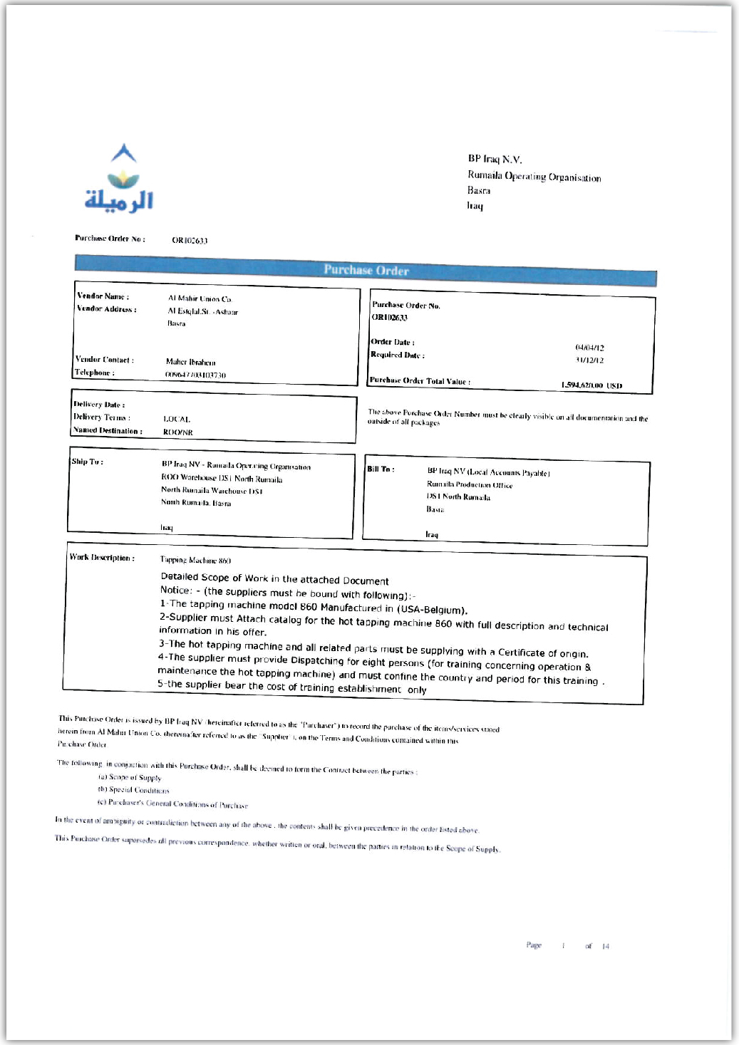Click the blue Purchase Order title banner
(x=366, y=271)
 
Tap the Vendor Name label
(x=103, y=296)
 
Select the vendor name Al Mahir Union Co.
(x=200, y=298)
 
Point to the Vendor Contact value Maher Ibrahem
(x=190, y=362)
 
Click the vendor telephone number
(x=195, y=375)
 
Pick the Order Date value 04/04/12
(x=589, y=348)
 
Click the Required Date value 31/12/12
(x=589, y=360)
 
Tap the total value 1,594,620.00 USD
(x=591, y=385)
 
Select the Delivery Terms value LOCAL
(x=177, y=419)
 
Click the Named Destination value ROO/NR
(x=178, y=432)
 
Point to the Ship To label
(x=87, y=462)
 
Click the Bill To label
(x=381, y=469)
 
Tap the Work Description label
(x=102, y=558)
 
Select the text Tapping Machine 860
(x=195, y=561)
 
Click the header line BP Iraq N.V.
(x=495, y=160)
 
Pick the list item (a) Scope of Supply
(x=130, y=778)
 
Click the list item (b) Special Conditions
(x=133, y=791)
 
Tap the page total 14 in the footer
(x=606, y=947)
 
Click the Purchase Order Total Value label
(x=420, y=381)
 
